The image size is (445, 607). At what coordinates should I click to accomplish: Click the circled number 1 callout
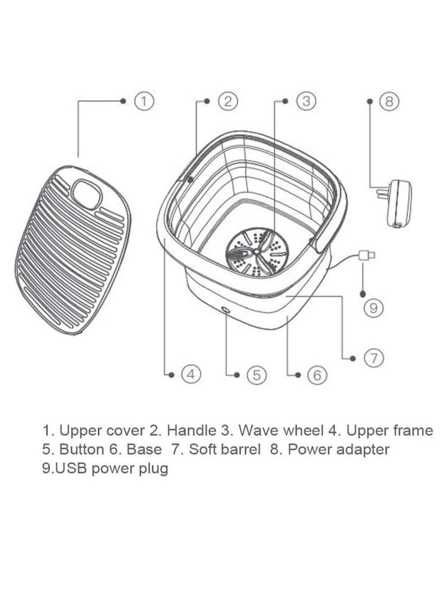(x=144, y=101)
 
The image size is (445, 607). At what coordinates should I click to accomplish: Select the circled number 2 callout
(x=228, y=101)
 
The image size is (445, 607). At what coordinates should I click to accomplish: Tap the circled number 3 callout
(x=306, y=101)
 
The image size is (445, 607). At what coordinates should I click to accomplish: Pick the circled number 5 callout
(x=256, y=375)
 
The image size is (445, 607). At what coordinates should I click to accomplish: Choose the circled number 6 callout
(x=317, y=375)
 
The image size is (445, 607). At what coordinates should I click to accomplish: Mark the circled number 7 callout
(x=373, y=358)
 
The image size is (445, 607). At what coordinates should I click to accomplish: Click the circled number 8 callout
(x=389, y=101)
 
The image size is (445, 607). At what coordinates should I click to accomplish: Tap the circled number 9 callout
(x=373, y=308)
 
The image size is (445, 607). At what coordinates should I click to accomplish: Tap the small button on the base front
(x=225, y=310)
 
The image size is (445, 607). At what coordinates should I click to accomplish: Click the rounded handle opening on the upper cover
(x=87, y=195)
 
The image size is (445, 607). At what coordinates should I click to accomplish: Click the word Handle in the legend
(x=191, y=430)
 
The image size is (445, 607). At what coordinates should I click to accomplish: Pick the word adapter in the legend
(x=363, y=450)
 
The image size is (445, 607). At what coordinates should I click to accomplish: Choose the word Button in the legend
(x=82, y=449)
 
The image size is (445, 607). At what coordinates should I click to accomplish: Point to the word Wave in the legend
(x=259, y=430)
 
